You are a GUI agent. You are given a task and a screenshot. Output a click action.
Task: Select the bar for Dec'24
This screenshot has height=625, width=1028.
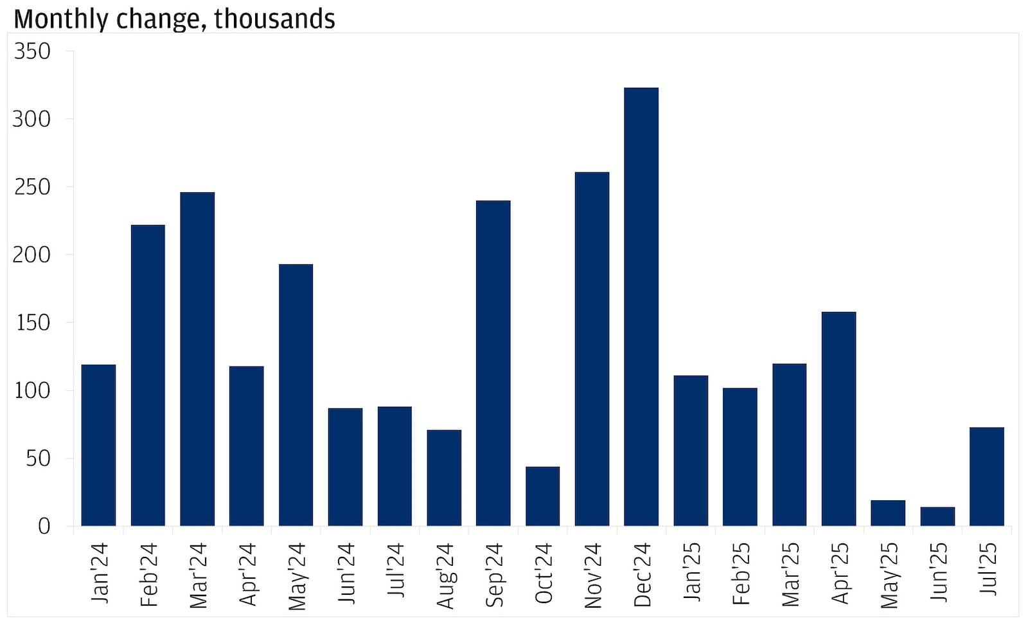[641, 307]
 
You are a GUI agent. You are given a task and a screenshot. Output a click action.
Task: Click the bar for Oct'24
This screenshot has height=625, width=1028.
[542, 496]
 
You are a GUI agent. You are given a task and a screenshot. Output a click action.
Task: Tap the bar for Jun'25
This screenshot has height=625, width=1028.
[937, 516]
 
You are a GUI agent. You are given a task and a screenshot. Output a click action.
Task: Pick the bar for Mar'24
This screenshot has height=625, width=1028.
[197, 359]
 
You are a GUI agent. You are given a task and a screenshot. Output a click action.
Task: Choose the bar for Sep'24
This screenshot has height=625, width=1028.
[493, 363]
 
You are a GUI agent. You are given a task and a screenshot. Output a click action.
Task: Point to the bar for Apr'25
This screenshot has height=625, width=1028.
[838, 419]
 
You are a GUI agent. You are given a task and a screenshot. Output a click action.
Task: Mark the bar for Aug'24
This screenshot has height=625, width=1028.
[444, 478]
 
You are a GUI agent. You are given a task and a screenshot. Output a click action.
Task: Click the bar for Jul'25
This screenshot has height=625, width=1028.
[987, 476]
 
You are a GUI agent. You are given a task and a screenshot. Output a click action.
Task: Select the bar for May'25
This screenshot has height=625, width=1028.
[888, 513]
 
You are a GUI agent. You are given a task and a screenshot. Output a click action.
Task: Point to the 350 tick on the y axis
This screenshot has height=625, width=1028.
[32, 51]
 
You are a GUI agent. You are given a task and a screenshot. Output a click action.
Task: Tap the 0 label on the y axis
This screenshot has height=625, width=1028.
[44, 527]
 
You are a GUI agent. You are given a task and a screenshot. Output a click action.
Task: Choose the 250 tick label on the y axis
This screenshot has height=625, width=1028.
[32, 187]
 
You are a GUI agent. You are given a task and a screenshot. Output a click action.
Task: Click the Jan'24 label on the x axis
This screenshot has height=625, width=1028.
[100, 573]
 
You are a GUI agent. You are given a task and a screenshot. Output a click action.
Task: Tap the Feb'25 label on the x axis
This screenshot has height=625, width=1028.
[741, 574]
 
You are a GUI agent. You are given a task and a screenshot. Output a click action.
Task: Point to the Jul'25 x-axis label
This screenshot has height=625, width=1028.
[988, 569]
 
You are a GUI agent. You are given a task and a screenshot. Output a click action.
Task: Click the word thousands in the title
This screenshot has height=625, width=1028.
[274, 19]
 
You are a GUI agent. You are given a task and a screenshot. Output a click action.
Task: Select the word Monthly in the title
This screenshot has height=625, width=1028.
[60, 19]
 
